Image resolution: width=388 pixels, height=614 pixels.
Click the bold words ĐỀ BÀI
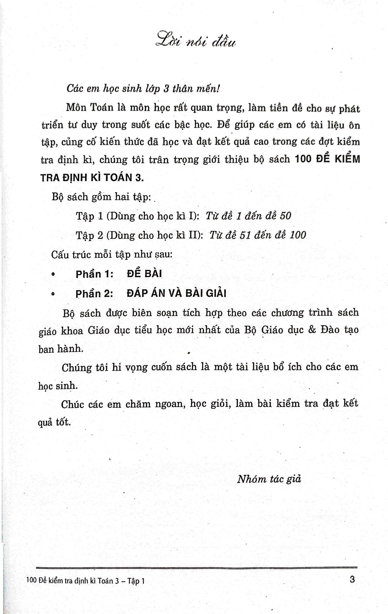click(144, 274)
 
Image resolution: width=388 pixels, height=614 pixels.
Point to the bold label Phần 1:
click(94, 274)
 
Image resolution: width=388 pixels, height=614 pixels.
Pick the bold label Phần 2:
click(94, 294)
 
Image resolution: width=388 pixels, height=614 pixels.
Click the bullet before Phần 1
click(53, 274)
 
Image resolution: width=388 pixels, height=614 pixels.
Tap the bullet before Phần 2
click(53, 294)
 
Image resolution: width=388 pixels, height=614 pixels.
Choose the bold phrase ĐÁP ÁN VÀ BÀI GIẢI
click(176, 293)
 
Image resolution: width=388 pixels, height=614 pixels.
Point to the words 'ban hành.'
click(61, 349)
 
